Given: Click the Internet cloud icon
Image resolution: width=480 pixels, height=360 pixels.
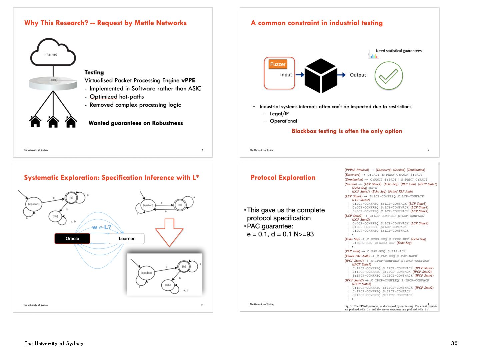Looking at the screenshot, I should tap(53, 53).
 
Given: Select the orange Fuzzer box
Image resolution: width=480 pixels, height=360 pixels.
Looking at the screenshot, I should tap(278, 64).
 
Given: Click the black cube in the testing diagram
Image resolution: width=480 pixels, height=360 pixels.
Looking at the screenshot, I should tap(321, 75).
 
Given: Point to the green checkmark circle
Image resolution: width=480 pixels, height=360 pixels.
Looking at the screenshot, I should tap(389, 76).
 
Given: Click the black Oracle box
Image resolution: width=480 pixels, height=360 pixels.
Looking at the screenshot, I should tap(72, 239).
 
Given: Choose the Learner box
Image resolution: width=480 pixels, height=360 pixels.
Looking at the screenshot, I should tap(127, 239).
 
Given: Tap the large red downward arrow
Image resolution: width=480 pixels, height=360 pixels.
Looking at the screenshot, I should tap(169, 232).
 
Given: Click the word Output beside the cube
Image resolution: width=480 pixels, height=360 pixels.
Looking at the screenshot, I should tap(358, 75).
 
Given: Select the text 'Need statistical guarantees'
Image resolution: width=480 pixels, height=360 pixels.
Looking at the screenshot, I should tap(399, 51).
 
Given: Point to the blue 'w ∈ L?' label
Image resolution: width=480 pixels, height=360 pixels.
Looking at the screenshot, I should tap(102, 227).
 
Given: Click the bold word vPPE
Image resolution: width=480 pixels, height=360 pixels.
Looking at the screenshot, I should tap(188, 80).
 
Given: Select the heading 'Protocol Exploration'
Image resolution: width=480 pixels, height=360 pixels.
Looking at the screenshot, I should tap(283, 178).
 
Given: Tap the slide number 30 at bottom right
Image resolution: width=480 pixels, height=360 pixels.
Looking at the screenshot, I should tap(454, 343).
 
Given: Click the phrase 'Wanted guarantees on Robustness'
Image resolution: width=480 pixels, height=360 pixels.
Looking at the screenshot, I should tap(136, 123).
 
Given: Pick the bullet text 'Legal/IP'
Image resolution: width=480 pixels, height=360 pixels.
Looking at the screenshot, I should tap(279, 114).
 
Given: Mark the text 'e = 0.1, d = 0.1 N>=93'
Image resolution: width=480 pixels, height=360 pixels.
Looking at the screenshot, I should tap(280, 234).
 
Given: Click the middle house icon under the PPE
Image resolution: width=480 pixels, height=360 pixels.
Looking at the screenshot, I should tap(53, 122).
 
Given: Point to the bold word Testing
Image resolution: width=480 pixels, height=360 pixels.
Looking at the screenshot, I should tap(94, 72).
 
